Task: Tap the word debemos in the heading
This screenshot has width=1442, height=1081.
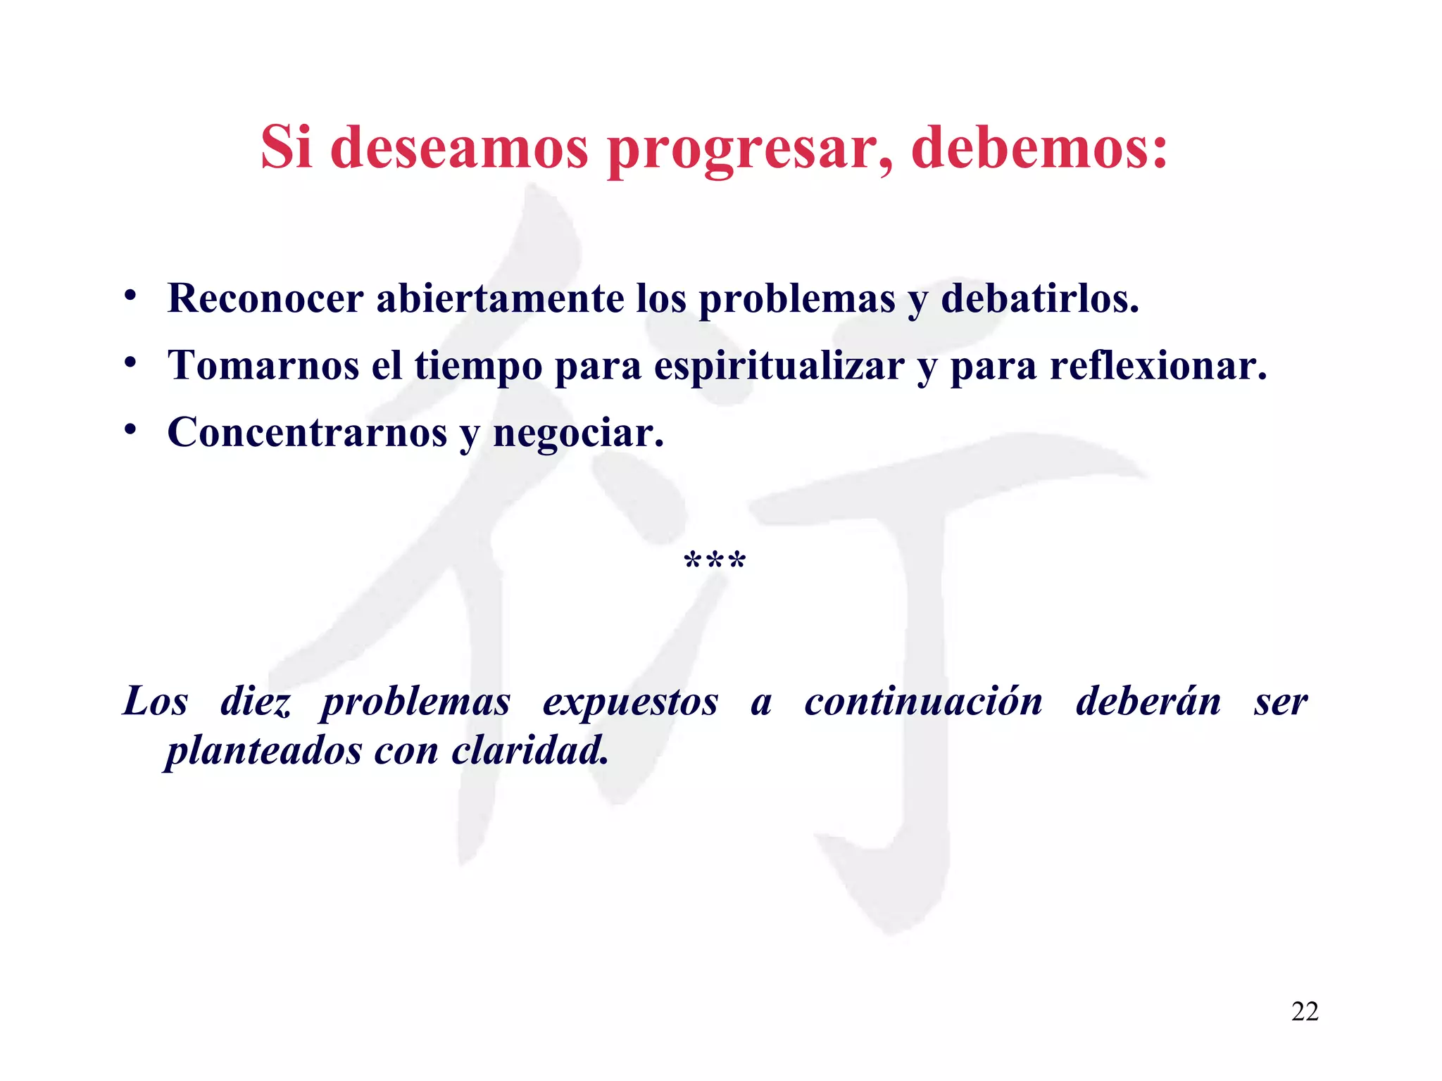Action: (x=1039, y=148)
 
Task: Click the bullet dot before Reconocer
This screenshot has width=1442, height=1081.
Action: (x=130, y=296)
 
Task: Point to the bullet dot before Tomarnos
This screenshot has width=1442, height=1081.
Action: (x=130, y=363)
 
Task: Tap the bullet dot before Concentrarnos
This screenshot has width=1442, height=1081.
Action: (x=130, y=430)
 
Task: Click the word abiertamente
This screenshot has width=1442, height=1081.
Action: (x=500, y=298)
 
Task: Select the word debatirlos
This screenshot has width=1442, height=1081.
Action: (x=1039, y=298)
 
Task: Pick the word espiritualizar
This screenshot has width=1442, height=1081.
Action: (x=779, y=367)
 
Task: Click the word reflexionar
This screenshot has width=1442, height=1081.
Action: (x=1158, y=365)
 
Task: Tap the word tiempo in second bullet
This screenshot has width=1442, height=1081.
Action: (x=478, y=367)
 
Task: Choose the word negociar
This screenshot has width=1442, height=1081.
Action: (x=577, y=433)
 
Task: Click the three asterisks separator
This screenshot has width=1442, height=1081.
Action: (x=715, y=562)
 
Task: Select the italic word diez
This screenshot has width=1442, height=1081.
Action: (x=255, y=702)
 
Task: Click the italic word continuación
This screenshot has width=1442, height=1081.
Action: (x=923, y=702)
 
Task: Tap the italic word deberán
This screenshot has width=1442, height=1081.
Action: (x=1148, y=702)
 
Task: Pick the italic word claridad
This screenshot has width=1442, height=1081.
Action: (x=529, y=750)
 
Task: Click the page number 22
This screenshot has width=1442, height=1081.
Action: (x=1304, y=1011)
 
